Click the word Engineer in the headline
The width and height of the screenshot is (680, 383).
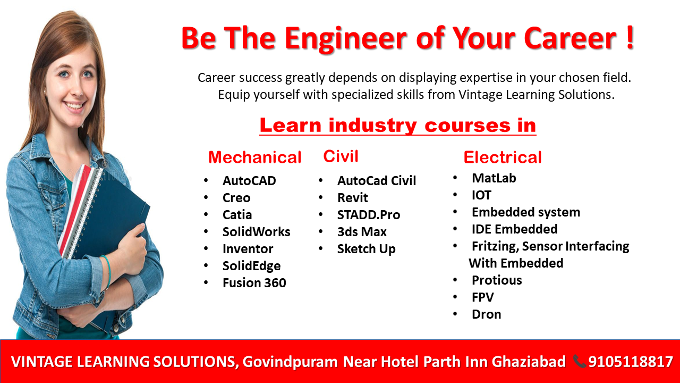tap(346, 39)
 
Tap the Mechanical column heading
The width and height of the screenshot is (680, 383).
tap(254, 157)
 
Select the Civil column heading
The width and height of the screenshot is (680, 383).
tap(341, 156)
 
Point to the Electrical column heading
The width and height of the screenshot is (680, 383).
tap(503, 157)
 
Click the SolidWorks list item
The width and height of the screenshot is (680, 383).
tap(256, 232)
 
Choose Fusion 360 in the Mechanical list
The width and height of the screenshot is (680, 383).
tap(254, 283)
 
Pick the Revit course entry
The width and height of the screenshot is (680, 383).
tap(352, 198)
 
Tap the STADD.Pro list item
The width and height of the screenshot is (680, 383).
tap(369, 215)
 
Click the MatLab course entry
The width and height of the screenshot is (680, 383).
tap(494, 178)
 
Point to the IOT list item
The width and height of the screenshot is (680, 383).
tap(481, 195)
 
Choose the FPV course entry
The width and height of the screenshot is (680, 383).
tap(483, 297)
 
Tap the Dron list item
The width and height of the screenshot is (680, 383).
tap(486, 314)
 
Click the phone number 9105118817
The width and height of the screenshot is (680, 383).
tap(631, 362)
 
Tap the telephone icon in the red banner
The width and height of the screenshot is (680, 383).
tap(579, 361)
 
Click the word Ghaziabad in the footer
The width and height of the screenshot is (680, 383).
tap(529, 362)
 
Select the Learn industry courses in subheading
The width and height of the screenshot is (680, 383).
tap(398, 125)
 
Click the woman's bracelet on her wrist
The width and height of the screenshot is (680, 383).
tap(107, 271)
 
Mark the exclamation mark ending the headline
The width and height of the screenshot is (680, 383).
tap(630, 37)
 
